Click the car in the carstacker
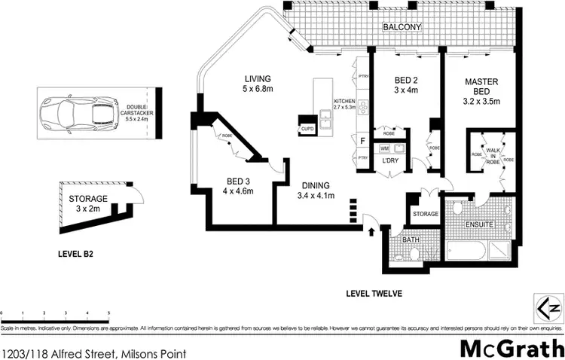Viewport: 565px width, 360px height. [x=77, y=114]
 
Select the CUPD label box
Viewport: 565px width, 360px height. [x=307, y=129]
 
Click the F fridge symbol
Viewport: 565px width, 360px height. [x=363, y=141]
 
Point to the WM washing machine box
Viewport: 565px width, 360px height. [x=385, y=149]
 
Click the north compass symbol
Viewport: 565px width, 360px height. [x=549, y=306]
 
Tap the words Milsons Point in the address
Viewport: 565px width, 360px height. [x=150, y=352]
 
